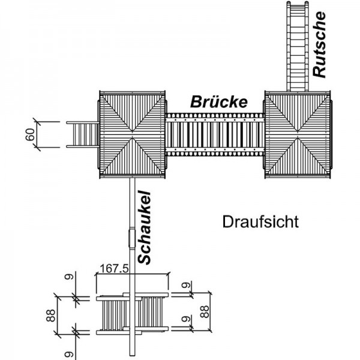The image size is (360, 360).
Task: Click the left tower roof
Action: [x=133, y=134]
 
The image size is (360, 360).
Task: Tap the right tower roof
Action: [x=298, y=134]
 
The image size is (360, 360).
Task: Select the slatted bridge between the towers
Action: [x=215, y=134]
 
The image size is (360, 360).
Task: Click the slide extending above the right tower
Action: [x=298, y=45]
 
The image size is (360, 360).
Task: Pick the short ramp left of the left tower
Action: [x=81, y=134]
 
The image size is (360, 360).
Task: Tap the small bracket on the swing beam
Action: [x=131, y=237]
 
